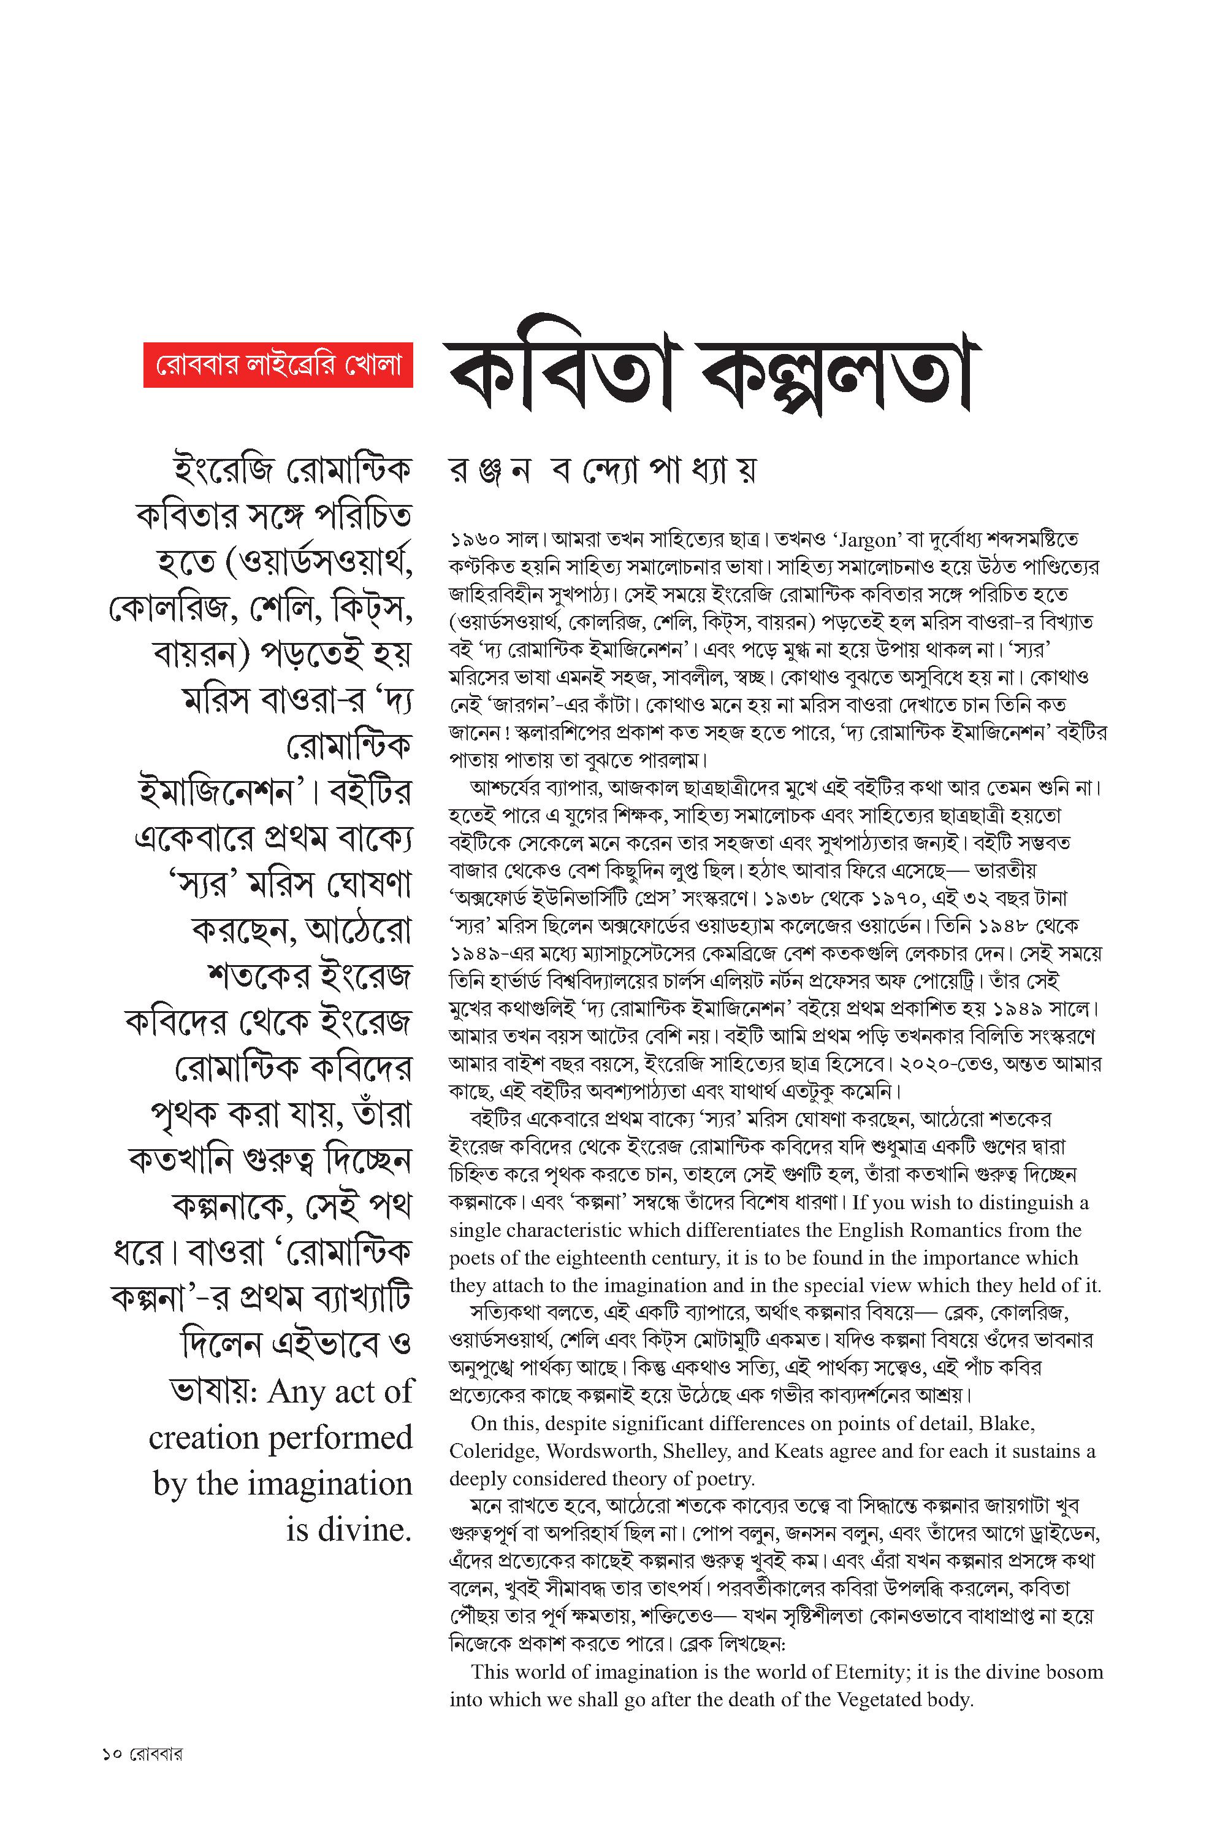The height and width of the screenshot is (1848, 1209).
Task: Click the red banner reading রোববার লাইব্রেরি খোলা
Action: coord(278,364)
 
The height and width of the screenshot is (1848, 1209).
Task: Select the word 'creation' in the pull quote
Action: coord(204,1438)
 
